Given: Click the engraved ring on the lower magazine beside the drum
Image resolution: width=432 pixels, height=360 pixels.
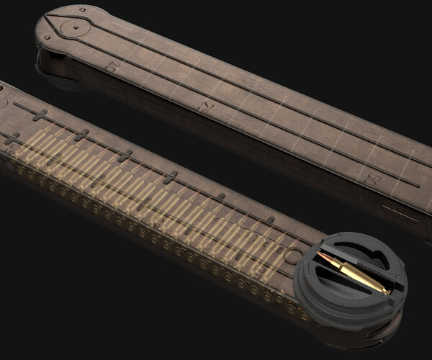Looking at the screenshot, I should pyautogui.click(x=294, y=255).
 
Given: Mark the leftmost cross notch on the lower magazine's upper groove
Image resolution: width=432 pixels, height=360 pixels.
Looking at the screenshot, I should pyautogui.click(x=40, y=115).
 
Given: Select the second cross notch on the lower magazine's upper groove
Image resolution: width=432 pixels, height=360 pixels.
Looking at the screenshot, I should pyautogui.click(x=82, y=135).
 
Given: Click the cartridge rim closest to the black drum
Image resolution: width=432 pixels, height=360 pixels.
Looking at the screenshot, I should pyautogui.click(x=304, y=315).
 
